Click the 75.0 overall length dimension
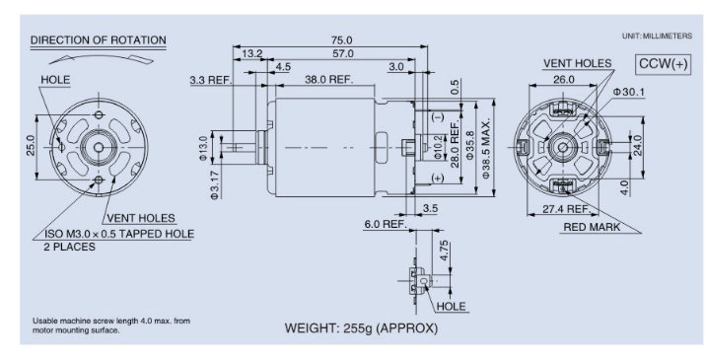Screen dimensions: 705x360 342,40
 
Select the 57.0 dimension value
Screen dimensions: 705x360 343,53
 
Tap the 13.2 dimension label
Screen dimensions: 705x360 251,53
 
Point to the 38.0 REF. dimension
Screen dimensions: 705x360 329,79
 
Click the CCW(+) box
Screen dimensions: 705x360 664,64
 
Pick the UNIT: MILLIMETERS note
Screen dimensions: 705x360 657,36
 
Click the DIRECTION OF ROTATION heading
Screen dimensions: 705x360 98,40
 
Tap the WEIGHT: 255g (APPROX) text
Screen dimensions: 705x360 361,328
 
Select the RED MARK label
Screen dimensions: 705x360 592,227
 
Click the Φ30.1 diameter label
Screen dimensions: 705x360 628,93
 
